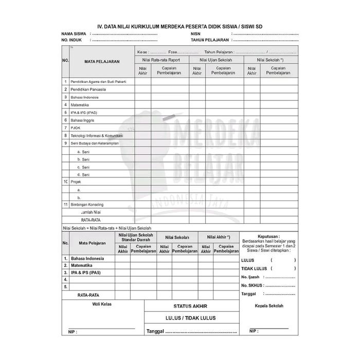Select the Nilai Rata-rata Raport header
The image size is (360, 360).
pyautogui.click(x=162, y=60)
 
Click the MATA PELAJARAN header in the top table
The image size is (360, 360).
pyautogui.click(x=102, y=61)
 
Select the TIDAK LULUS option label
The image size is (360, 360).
pyautogui.click(x=254, y=268)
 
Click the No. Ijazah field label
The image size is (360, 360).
pyautogui.click(x=251, y=277)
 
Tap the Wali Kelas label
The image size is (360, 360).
pyautogui.click(x=102, y=304)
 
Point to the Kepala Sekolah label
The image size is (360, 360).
pyautogui.click(x=269, y=305)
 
